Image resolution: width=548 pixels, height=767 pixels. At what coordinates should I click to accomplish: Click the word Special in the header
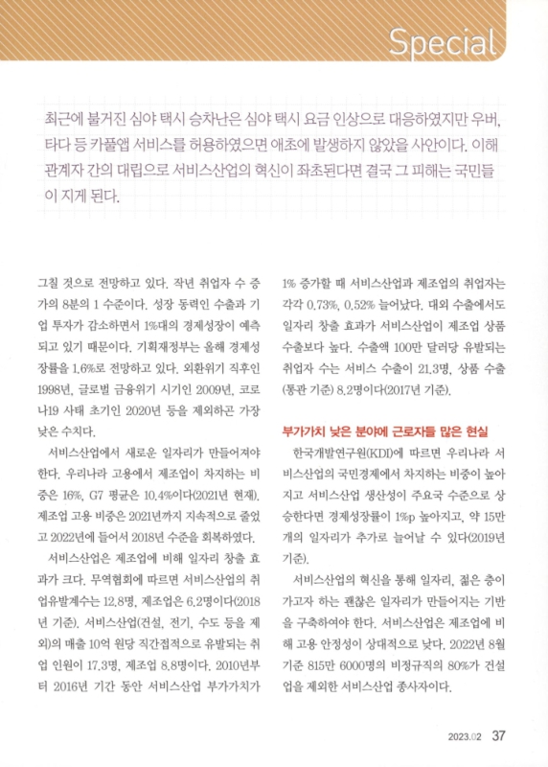[445, 41]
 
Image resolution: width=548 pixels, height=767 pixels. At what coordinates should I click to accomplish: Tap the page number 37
[498, 736]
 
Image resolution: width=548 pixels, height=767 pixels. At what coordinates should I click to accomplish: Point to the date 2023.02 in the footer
[464, 737]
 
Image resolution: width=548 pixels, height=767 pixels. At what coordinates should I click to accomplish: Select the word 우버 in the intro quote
[487, 126]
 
